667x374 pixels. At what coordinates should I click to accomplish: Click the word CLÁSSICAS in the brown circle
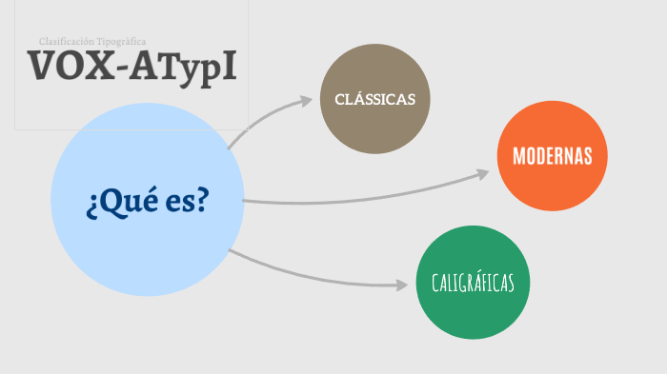tap(374, 99)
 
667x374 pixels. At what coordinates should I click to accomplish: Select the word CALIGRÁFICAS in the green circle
tap(473, 283)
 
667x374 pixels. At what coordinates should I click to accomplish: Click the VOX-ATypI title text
tap(131, 66)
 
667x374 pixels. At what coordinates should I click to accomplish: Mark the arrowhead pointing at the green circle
tap(402, 284)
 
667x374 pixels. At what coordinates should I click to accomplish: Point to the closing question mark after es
tap(203, 201)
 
